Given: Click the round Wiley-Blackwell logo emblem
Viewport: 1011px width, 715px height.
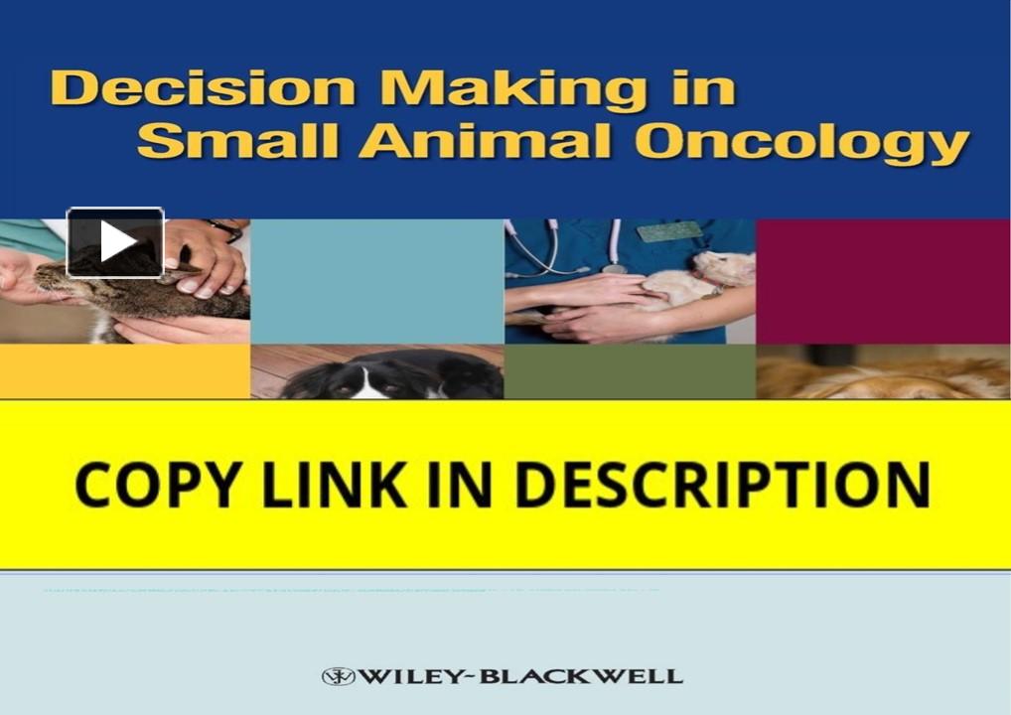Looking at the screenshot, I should pyautogui.click(x=338, y=677).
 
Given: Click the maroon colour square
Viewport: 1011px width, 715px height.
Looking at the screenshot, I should pyautogui.click(x=883, y=281).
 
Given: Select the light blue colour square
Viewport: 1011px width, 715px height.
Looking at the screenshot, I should pyautogui.click(x=377, y=281).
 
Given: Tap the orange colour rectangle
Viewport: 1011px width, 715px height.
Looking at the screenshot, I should pyautogui.click(x=124, y=371).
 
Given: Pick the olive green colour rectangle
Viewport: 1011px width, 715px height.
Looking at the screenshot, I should pyautogui.click(x=630, y=371).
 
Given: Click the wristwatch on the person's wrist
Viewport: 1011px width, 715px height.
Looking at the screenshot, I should pyautogui.click(x=225, y=228).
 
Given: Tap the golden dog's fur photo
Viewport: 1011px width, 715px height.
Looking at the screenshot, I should pyautogui.click(x=883, y=375).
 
